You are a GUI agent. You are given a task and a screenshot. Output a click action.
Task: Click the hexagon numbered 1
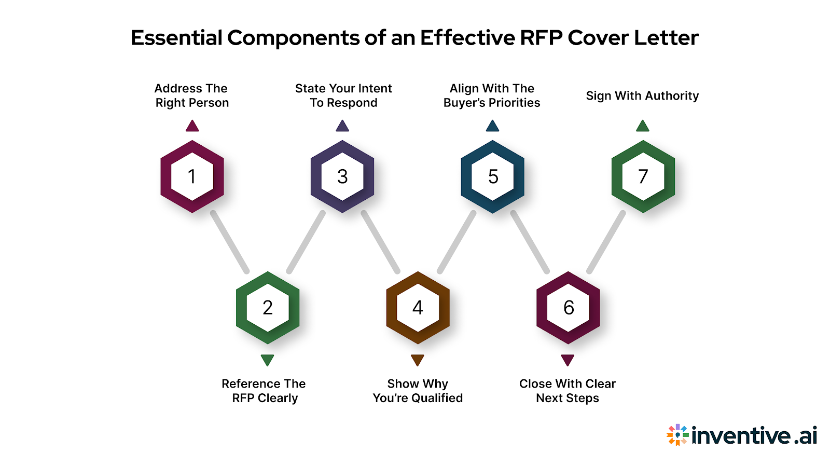point(192,176)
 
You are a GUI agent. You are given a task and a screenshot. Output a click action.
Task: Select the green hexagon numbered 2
point(268,308)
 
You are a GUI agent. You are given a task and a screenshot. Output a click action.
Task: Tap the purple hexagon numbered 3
point(342,176)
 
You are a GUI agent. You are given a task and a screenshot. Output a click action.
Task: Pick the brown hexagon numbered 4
point(418,308)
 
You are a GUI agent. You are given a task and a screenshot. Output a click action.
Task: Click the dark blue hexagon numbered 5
point(493,176)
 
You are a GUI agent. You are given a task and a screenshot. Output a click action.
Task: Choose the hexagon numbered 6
point(568,308)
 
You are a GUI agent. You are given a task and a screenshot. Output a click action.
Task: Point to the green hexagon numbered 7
point(643,176)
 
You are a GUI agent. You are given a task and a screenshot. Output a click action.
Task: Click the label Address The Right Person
point(192,95)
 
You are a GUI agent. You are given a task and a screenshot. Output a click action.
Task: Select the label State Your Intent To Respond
point(343,95)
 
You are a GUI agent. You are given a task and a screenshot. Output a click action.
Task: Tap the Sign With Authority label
point(642,96)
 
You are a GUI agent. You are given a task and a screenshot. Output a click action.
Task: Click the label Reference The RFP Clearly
point(264,391)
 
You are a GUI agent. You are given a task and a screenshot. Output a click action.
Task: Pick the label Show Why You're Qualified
point(418,391)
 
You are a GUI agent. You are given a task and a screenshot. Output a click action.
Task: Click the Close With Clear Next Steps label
point(568,391)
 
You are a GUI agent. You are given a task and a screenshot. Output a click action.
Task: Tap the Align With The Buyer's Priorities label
point(492,95)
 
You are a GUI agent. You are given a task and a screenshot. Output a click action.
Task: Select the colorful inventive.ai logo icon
point(677,435)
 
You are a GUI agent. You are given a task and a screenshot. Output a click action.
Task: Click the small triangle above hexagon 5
point(492,126)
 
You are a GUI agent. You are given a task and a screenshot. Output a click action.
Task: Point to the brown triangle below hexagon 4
point(418,360)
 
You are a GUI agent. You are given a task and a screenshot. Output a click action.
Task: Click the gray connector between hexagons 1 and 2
point(230,242)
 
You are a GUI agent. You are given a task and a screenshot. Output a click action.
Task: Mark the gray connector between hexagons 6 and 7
point(606,242)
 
